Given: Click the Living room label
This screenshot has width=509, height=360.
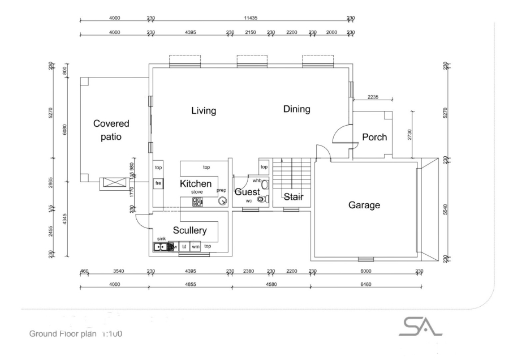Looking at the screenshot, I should [203, 111].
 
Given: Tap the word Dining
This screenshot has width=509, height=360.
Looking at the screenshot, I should [296, 109].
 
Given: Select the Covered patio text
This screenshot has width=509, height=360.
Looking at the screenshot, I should [111, 130].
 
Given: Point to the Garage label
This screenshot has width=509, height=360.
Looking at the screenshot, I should [364, 205].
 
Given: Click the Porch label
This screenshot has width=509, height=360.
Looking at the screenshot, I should [374, 137].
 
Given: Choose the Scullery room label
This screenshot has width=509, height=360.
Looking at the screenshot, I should [189, 230].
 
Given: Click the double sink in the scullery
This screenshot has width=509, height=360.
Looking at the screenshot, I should [161, 247].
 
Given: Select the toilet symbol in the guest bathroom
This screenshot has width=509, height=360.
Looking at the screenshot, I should [261, 199].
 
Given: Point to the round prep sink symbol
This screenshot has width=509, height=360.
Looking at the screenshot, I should [223, 200].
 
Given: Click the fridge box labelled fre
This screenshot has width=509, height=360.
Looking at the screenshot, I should [159, 184].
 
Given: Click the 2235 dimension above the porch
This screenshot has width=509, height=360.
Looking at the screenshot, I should [373, 97].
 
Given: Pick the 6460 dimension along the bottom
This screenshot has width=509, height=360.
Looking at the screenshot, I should [365, 285].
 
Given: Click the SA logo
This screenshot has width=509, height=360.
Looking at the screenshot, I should [421, 326].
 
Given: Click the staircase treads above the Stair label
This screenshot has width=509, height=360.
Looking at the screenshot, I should [292, 174].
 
